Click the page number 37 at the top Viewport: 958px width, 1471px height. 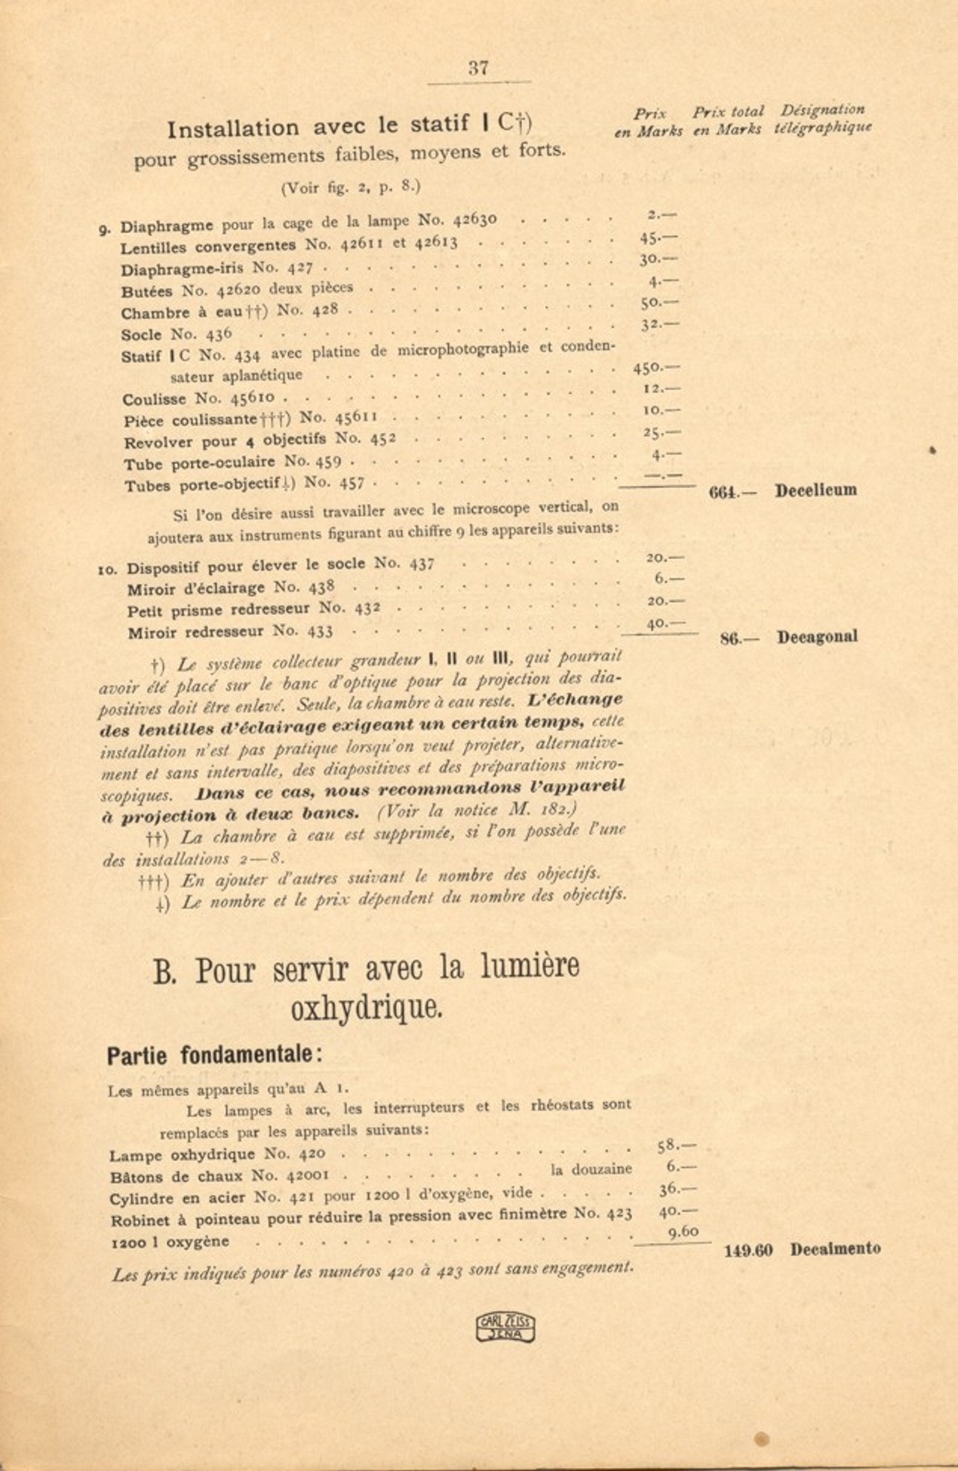pos(478,68)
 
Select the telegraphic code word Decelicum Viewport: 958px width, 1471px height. pos(815,490)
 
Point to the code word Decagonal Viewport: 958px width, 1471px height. pos(817,637)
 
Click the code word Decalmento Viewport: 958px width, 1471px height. pos(835,1248)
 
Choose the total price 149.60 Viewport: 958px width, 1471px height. pos(748,1250)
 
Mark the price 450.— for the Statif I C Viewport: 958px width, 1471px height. pos(656,367)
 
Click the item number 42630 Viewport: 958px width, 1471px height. pos(474,220)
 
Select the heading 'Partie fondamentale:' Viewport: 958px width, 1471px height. pos(215,1055)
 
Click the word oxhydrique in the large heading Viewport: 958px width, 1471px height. pos(367,1007)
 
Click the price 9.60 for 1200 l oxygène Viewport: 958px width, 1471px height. pos(683,1231)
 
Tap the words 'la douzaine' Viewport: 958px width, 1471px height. pos(591,1170)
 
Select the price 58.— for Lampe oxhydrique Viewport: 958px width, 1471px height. pos(676,1146)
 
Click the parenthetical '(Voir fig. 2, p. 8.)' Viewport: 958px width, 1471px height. pos(350,187)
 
